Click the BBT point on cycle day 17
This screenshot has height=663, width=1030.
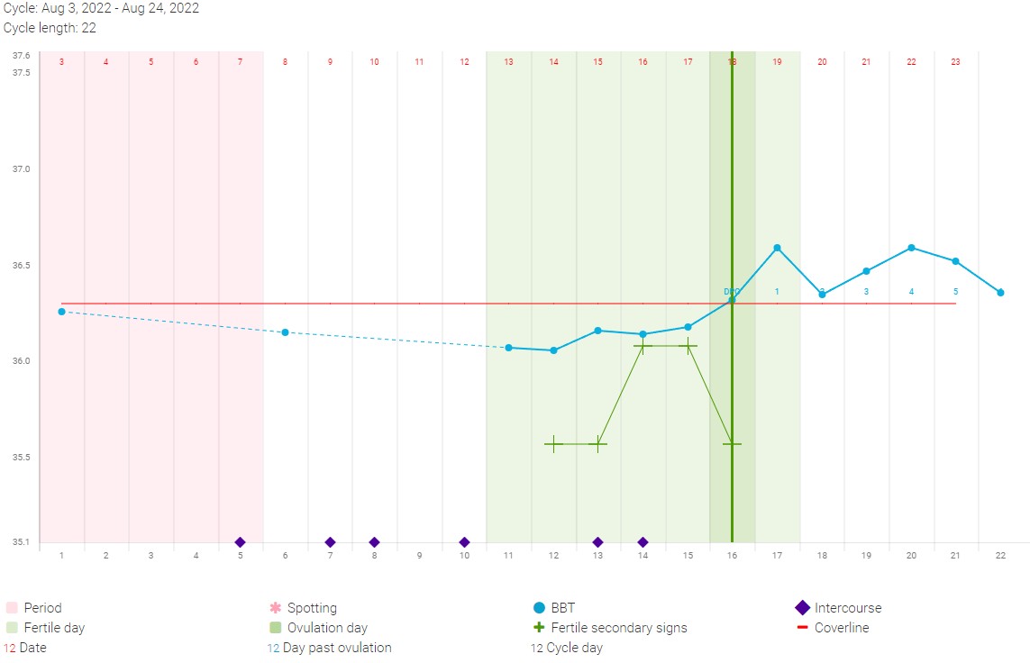(x=777, y=248)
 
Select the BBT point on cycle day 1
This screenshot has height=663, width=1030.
(x=61, y=312)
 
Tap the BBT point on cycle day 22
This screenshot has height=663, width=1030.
(x=1000, y=293)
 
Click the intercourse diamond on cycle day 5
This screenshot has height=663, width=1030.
(x=240, y=542)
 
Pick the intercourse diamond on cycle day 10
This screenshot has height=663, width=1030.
(x=464, y=542)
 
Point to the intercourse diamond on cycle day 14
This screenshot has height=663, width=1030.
(x=643, y=542)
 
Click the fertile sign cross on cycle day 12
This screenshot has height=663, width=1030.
(x=553, y=444)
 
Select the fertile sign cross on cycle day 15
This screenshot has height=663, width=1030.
(x=688, y=345)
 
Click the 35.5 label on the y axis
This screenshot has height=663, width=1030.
(x=20, y=458)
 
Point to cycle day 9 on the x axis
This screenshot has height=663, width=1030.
(x=419, y=556)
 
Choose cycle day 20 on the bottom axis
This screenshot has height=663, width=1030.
(x=911, y=556)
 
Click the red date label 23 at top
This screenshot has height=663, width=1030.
(x=955, y=62)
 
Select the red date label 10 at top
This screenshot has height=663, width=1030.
(x=374, y=62)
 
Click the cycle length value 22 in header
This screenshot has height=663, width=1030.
(x=89, y=28)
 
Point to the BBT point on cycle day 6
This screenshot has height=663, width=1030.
(x=285, y=332)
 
